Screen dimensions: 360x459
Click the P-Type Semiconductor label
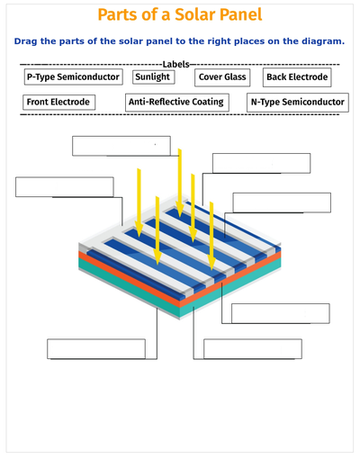(x=74, y=76)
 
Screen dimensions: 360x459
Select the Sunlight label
(x=154, y=77)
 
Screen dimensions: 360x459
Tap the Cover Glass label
(x=222, y=77)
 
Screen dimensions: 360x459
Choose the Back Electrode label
(x=297, y=77)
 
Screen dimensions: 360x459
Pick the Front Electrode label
(x=59, y=103)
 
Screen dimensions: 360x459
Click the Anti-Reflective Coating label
(x=177, y=103)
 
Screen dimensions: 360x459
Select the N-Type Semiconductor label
(x=298, y=103)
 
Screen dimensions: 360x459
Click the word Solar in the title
(x=195, y=14)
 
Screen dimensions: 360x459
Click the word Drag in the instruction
(x=25, y=41)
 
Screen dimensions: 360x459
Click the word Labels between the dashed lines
(x=175, y=64)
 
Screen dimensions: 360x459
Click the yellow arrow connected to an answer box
(x=180, y=183)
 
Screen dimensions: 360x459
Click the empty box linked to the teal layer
(x=253, y=348)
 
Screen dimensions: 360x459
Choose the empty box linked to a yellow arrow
(x=121, y=146)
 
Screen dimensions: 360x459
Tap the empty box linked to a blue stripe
(x=282, y=202)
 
